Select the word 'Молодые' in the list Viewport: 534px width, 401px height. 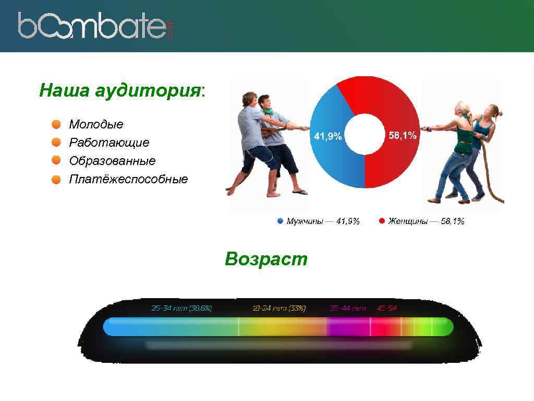[x=96, y=124]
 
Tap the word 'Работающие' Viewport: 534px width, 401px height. [x=109, y=143]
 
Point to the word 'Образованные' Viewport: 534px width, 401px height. [x=112, y=161]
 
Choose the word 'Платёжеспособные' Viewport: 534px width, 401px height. [x=128, y=180]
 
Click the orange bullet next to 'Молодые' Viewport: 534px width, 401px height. [x=56, y=124]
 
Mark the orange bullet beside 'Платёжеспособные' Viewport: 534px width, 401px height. [x=56, y=180]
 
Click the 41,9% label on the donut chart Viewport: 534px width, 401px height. [x=327, y=136]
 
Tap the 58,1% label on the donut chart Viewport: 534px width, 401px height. [x=403, y=135]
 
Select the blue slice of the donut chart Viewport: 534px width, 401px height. [x=329, y=157]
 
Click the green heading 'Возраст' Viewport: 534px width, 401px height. [x=266, y=259]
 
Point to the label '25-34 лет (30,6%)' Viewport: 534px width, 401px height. [x=181, y=308]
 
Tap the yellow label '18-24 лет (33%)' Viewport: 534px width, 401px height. [x=279, y=308]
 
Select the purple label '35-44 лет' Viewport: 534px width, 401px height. [x=348, y=308]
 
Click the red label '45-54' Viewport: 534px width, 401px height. [x=386, y=308]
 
